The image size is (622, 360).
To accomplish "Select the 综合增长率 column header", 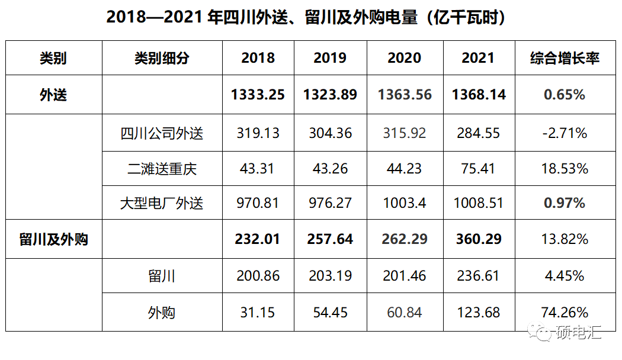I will [565, 58].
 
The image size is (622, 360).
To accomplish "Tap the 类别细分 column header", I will [162, 58].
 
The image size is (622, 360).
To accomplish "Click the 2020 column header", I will [404, 58].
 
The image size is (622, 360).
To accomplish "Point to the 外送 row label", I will [53, 95].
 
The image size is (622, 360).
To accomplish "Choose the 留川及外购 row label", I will [53, 239].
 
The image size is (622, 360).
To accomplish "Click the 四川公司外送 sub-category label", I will [162, 133].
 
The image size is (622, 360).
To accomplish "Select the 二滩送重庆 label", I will [162, 169].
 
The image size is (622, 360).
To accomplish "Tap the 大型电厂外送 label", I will [162, 204].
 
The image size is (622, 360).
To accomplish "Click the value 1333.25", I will [258, 95].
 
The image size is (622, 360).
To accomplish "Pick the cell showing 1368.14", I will [479, 95].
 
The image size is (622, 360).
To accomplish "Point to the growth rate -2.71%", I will [565, 133].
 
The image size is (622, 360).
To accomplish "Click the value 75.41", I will [478, 169].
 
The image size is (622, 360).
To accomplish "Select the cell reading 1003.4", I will [404, 204].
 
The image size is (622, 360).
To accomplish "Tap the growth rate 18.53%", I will [565, 169].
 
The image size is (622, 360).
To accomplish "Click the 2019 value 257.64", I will [330, 239].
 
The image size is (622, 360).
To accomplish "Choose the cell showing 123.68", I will [478, 312].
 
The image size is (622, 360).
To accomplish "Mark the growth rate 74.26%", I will [565, 312].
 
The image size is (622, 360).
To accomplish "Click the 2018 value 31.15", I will [258, 312].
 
